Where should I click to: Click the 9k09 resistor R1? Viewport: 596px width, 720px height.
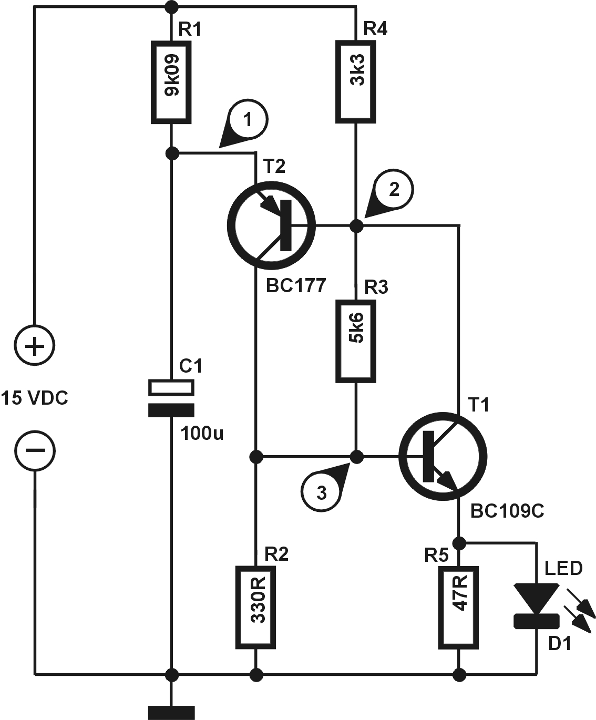(171, 83)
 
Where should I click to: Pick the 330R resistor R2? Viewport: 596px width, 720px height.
(256, 608)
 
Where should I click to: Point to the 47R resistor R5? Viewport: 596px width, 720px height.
(459, 608)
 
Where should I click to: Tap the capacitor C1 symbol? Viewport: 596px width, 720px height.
(171, 398)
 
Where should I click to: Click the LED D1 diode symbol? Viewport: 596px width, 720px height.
(536, 605)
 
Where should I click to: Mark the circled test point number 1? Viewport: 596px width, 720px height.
(248, 120)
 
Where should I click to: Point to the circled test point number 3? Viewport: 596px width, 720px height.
(320, 492)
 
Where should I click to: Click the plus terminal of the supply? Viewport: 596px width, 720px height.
(35, 346)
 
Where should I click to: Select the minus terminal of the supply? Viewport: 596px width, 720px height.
(35, 450)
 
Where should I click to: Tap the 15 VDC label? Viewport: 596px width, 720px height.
(35, 398)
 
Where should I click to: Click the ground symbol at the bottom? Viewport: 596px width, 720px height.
(171, 712)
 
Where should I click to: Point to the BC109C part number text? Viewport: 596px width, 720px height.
(507, 510)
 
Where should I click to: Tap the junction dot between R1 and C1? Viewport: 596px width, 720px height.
(171, 153)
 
